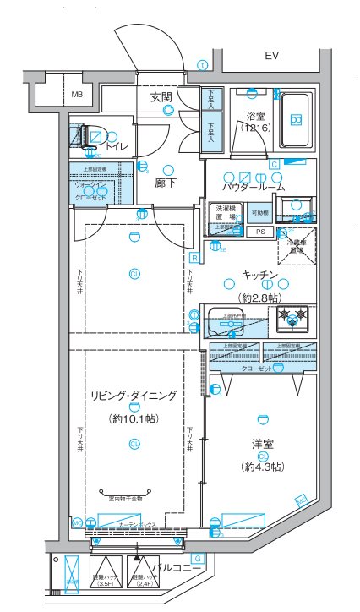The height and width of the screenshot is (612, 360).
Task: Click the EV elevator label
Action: pos(271,56)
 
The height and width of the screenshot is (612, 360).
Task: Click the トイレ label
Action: pos(117,147)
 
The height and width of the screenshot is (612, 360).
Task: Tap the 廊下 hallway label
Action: pos(165,181)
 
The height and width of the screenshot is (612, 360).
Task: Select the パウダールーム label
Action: pos(253,186)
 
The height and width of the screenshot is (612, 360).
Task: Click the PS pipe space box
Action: pos(260,231)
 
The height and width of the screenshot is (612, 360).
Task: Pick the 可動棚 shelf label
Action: pos(260,212)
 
